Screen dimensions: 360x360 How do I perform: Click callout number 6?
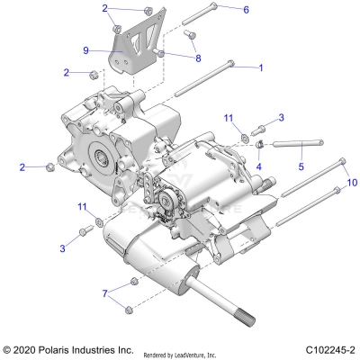tap(246, 9)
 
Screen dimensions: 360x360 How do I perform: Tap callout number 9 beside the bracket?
tap(86, 50)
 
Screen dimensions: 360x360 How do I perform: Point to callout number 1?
tap(261, 67)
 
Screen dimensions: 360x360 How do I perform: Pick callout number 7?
tap(105, 293)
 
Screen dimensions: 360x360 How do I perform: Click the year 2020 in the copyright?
tap(28, 348)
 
